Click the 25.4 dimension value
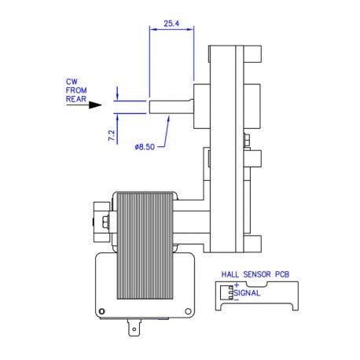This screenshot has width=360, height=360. tap(170, 24)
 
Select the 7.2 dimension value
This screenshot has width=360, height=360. tap(112, 134)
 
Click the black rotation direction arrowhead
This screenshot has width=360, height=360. tap(96, 104)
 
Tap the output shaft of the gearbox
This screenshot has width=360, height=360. tap(169, 105)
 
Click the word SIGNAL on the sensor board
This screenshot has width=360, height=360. tap(249, 293)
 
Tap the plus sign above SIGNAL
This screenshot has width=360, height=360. tap(236, 285)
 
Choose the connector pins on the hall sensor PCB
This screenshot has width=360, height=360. tap(230, 292)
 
